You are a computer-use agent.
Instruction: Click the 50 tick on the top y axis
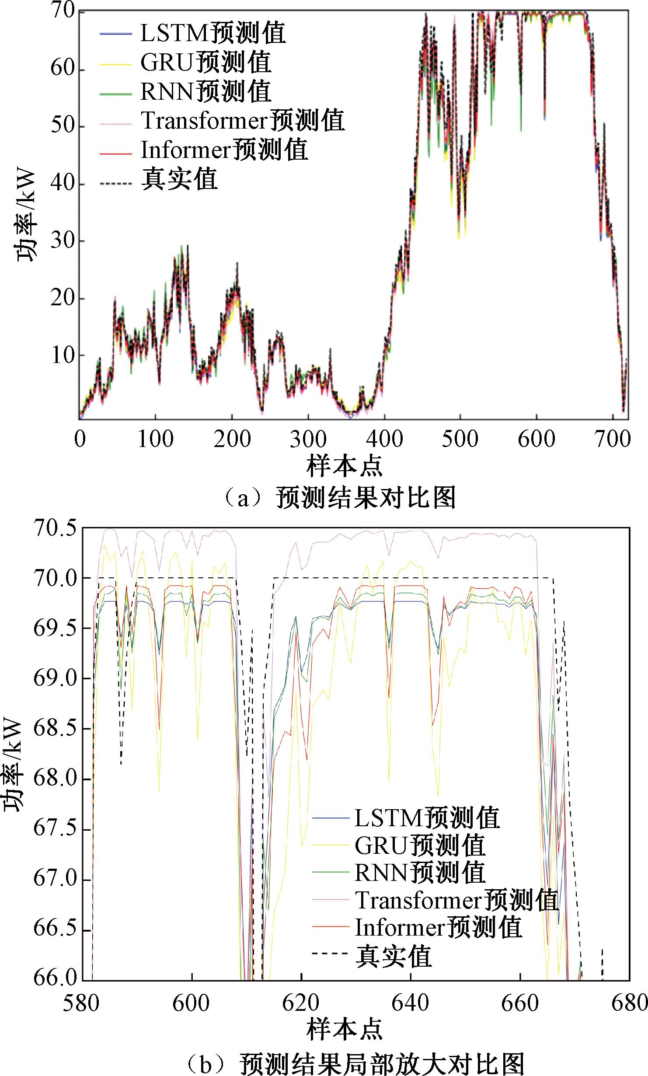pos(62,127)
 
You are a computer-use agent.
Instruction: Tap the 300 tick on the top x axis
pos(308,439)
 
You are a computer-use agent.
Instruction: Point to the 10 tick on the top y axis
pos(62,356)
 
